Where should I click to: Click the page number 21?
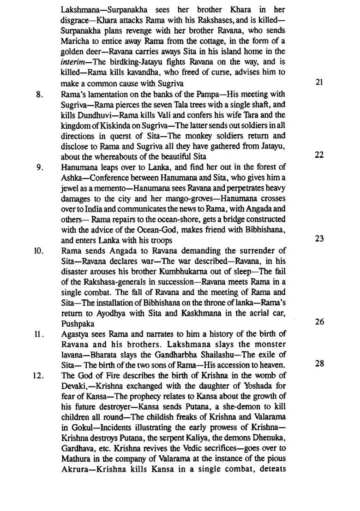tap(319, 83)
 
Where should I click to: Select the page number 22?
tap(319, 155)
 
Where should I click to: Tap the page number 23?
tap(319, 239)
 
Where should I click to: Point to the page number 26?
tap(319, 322)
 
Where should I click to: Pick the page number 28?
tap(319, 364)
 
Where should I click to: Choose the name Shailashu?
tap(236, 354)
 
